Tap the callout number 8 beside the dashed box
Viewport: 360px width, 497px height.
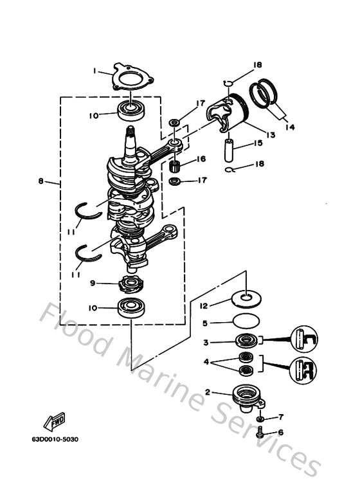(41, 181)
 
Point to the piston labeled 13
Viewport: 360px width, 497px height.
(226, 114)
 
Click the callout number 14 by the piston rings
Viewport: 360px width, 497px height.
(290, 127)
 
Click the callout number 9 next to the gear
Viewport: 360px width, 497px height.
(93, 284)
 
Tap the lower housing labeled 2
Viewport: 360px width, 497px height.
(246, 392)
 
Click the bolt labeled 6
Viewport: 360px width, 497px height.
(260, 435)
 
